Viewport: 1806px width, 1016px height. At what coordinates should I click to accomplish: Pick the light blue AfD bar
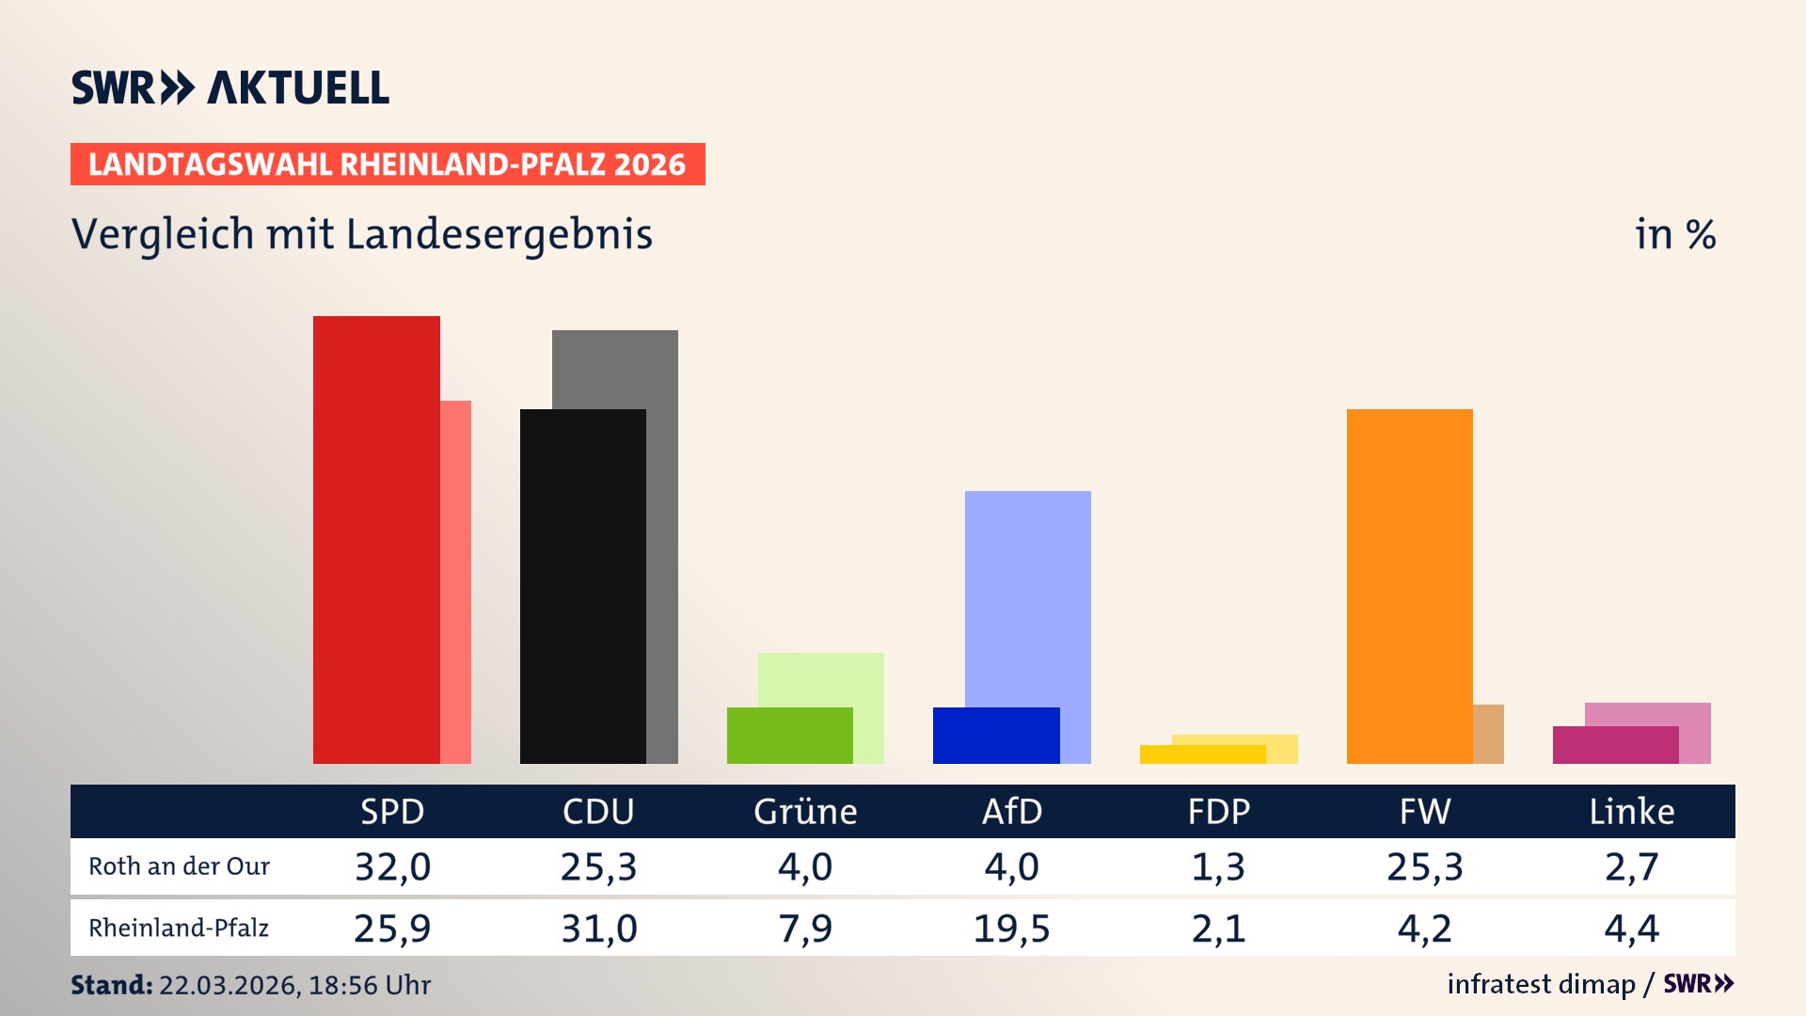tap(1027, 593)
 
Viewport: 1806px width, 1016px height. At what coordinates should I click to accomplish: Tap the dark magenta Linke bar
tap(1615, 744)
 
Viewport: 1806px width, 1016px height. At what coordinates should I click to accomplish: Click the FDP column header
tap(1218, 811)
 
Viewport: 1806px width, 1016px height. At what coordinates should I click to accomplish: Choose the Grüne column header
tap(805, 811)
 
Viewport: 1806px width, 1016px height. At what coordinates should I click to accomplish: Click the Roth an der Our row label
tap(179, 866)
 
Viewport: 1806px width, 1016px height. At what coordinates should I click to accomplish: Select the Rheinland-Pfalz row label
tap(179, 929)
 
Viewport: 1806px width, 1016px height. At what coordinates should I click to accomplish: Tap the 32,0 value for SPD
tap(392, 866)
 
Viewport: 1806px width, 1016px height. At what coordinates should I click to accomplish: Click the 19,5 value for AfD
tap(1011, 929)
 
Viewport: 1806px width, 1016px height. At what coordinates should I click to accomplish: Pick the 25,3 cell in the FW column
tap(1424, 866)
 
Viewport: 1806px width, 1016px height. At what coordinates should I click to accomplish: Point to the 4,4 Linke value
tap(1631, 929)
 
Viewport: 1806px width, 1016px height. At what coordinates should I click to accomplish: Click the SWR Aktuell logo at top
tap(230, 87)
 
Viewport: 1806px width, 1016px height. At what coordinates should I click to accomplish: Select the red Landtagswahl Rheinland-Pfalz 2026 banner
tap(388, 165)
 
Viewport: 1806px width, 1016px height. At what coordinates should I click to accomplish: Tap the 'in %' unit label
tap(1674, 234)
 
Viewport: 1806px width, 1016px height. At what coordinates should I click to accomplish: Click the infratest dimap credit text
tap(1541, 984)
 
